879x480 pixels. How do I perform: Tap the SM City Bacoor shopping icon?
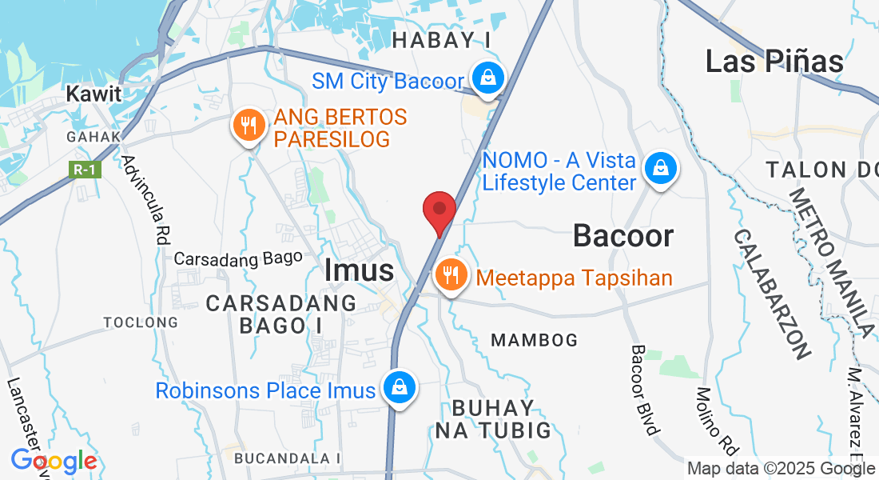[486, 78]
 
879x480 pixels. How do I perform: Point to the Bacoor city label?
[623, 236]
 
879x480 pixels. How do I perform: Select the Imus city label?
[359, 270]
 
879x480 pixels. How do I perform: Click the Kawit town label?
[93, 94]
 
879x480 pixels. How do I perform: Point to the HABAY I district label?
[441, 39]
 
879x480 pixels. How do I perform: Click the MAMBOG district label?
[534, 340]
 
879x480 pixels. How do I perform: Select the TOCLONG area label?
[141, 322]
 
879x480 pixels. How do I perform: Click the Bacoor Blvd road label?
[645, 390]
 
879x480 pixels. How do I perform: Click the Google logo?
[54, 462]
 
